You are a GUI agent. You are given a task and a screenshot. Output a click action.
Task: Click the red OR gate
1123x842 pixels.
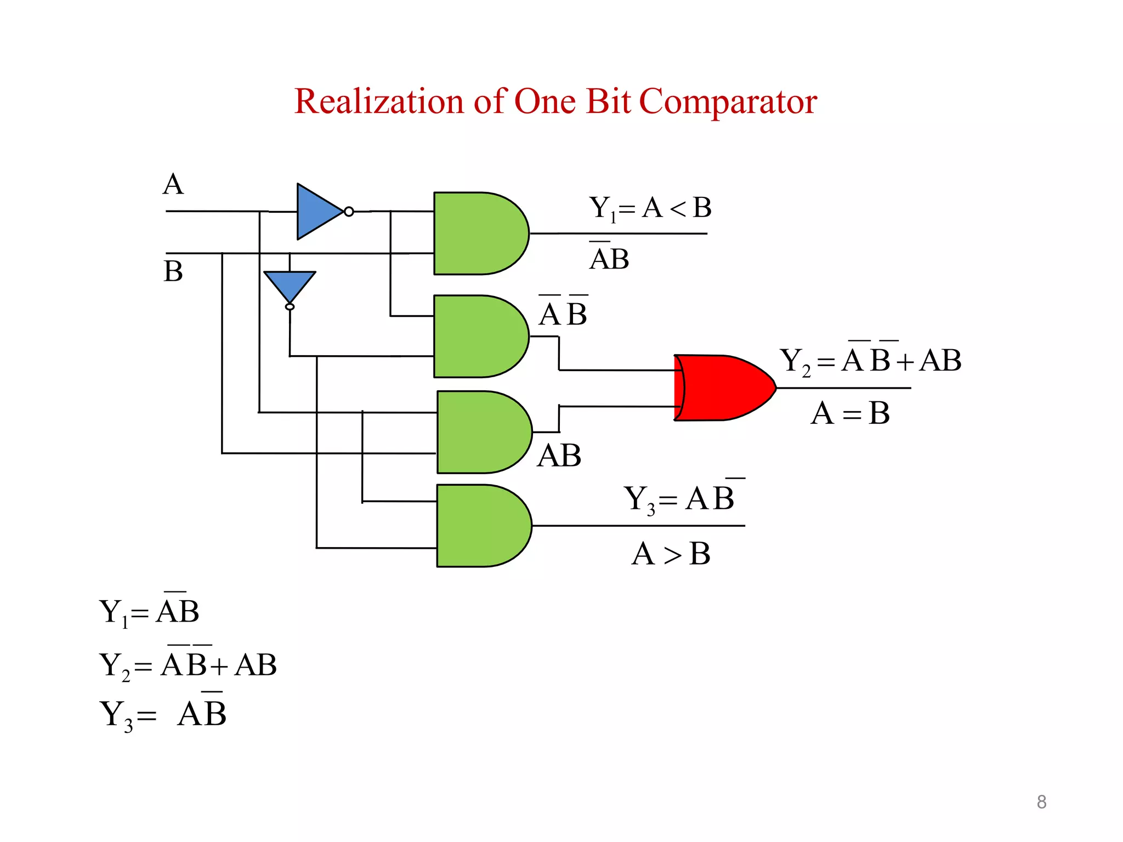(x=721, y=388)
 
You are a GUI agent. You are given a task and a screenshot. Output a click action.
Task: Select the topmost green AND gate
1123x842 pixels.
(x=477, y=233)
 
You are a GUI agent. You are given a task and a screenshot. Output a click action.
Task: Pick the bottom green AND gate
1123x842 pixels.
(x=480, y=526)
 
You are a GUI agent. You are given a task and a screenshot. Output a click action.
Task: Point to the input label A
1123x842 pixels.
(x=173, y=184)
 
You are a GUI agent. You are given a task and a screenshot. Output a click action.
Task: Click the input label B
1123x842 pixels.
(x=173, y=271)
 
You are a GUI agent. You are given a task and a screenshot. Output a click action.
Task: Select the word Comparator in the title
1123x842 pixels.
(x=728, y=103)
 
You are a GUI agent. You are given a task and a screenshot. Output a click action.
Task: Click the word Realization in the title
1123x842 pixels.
(x=379, y=101)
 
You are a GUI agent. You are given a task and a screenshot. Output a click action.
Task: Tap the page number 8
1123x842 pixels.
(x=1041, y=802)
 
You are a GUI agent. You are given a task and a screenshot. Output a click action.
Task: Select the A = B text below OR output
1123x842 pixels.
(x=850, y=413)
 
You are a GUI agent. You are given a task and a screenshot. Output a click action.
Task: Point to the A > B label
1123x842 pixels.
(x=671, y=554)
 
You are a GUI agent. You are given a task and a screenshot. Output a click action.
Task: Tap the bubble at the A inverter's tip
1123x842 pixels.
(x=349, y=212)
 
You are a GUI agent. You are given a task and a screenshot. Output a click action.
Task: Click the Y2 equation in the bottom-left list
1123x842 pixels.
(x=188, y=665)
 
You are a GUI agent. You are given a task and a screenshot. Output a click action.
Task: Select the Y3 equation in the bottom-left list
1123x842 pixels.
(x=163, y=714)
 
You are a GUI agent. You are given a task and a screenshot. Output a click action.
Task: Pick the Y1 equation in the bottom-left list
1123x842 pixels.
(x=149, y=611)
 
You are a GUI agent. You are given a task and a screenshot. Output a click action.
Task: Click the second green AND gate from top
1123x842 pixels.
(x=477, y=336)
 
